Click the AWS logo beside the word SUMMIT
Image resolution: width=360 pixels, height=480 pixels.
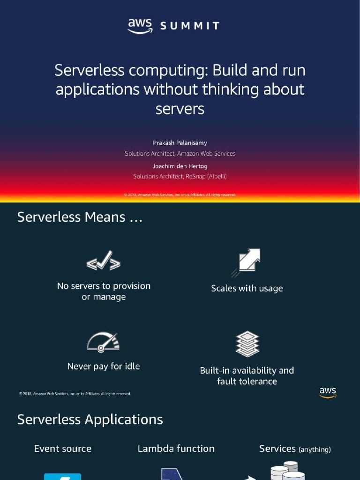pyautogui.click(x=140, y=25)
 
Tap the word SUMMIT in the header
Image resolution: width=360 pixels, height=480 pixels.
pyautogui.click(x=190, y=26)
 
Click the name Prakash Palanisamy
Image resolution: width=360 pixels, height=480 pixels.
pyautogui.click(x=180, y=142)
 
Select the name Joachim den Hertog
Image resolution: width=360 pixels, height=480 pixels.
pyautogui.click(x=180, y=166)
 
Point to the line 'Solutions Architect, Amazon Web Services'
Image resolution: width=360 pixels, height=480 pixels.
pyautogui.click(x=180, y=153)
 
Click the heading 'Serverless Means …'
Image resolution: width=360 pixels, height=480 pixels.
pyautogui.click(x=80, y=217)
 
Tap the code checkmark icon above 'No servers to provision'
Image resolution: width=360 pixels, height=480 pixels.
pyautogui.click(x=104, y=261)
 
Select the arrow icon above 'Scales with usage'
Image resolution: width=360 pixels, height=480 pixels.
pyautogui.click(x=247, y=262)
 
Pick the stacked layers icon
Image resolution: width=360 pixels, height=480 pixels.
pyautogui.click(x=247, y=344)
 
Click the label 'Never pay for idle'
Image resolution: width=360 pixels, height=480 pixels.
pyautogui.click(x=104, y=366)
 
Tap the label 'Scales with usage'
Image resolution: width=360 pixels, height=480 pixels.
pyautogui.click(x=247, y=288)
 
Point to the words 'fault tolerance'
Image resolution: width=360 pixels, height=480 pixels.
pyautogui.click(x=247, y=381)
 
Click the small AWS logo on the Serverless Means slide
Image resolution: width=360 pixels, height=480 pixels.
pyautogui.click(x=328, y=392)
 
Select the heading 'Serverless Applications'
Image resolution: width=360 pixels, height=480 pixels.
pyautogui.click(x=90, y=420)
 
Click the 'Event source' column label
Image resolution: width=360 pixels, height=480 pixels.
pyautogui.click(x=63, y=449)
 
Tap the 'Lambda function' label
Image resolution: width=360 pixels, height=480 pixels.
pyautogui.click(x=176, y=449)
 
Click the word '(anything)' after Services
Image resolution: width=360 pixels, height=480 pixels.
pyautogui.click(x=315, y=450)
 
